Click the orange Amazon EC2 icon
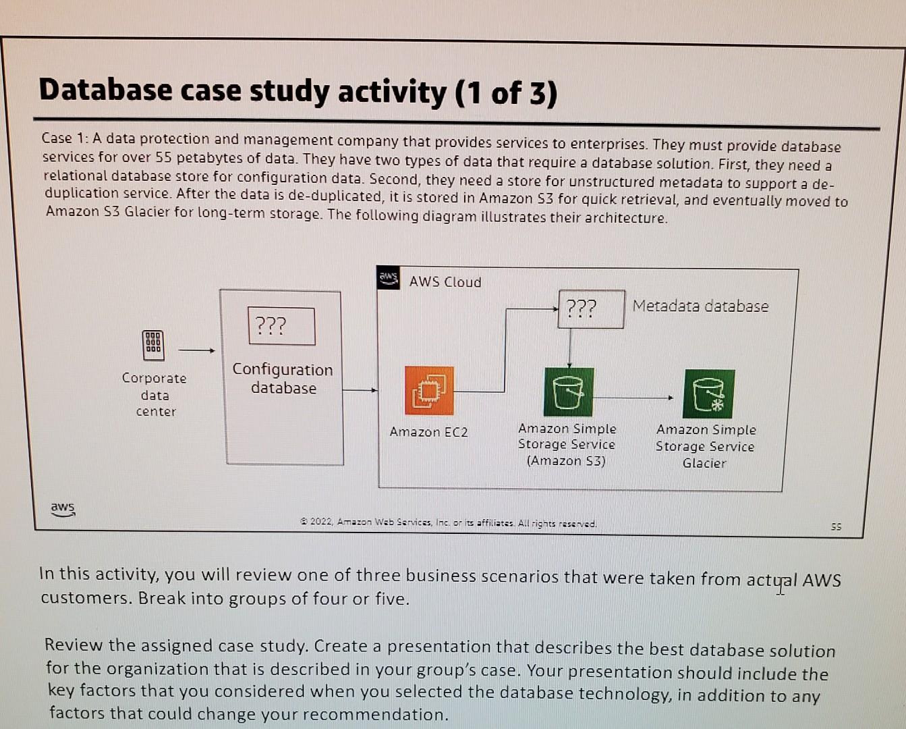coord(429,390)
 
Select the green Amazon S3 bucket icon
coord(569,392)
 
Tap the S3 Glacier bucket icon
coord(708,394)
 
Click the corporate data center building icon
coord(153,344)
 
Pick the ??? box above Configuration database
coord(281,326)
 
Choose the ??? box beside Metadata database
coord(591,309)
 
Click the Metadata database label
coord(700,306)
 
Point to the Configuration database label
coord(283,379)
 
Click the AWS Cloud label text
coord(445,282)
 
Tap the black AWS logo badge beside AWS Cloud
coord(389,277)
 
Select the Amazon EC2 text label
coord(428,432)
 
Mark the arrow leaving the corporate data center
coord(196,350)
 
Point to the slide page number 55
coord(836,526)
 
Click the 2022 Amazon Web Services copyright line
coord(449,522)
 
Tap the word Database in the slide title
coord(105,90)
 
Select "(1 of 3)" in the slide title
coord(506,93)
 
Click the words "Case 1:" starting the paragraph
coord(65,138)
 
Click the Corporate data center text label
coord(154,395)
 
